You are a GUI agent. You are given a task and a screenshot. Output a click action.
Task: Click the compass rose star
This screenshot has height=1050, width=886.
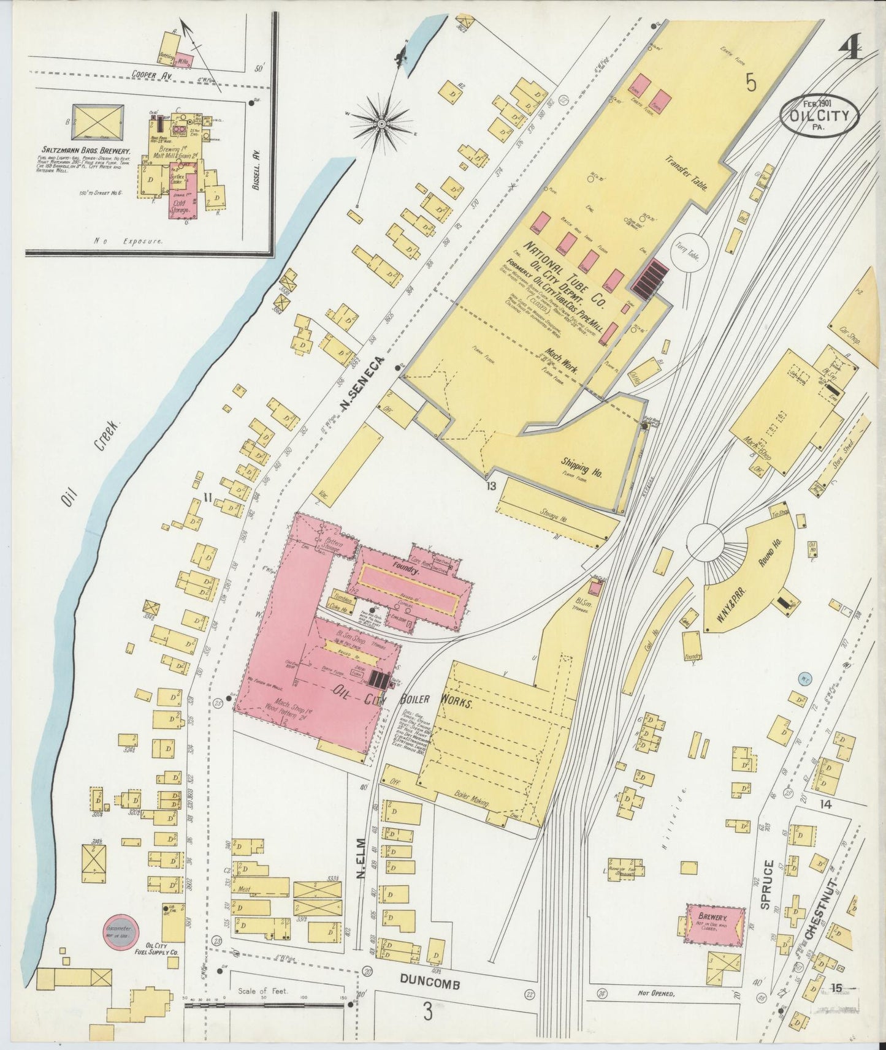click(x=381, y=124)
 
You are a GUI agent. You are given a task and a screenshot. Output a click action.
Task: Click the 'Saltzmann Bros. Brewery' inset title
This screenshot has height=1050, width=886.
click(x=86, y=150)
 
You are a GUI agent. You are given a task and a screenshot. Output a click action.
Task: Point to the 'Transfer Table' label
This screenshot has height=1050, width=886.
click(x=688, y=173)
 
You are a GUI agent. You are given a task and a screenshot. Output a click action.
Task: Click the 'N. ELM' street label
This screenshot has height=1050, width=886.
click(x=362, y=860)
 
